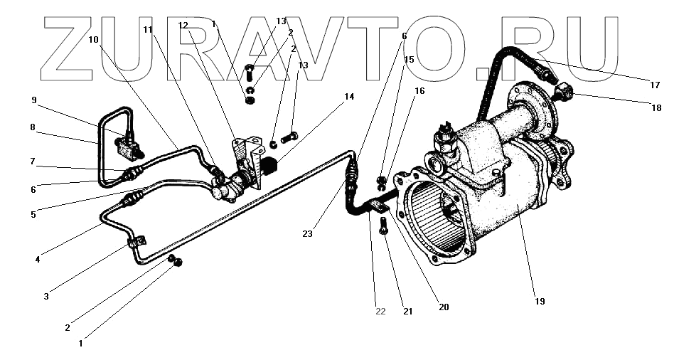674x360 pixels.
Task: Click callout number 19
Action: tap(540, 302)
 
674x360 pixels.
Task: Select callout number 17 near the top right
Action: tap(655, 85)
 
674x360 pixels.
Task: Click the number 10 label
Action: tap(93, 40)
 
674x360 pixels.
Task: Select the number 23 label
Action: tap(307, 233)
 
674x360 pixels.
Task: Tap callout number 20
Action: tap(444, 307)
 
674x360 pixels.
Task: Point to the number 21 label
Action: tap(407, 312)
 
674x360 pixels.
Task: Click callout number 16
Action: tap(419, 92)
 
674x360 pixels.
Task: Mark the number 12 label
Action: tap(183, 26)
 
